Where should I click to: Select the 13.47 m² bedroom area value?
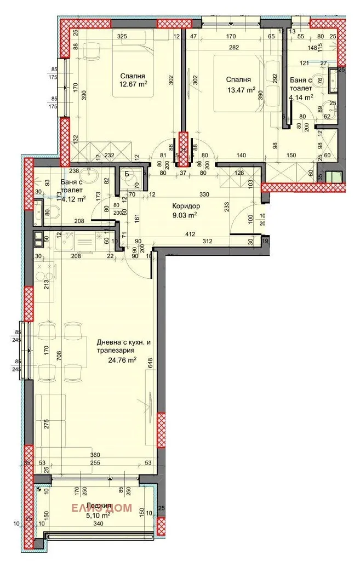tap(241, 90)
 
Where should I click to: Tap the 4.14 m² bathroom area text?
tap(301, 97)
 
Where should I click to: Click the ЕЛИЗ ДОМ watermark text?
tap(102, 508)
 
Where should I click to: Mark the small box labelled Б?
tap(127, 175)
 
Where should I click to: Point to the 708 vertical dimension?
tap(51, 362)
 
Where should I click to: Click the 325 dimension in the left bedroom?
tap(122, 36)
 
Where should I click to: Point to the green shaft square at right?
tap(333, 177)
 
